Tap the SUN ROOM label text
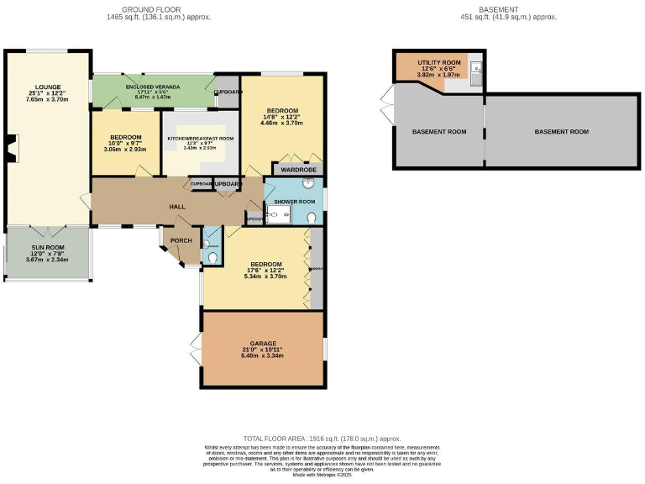coord(46,253)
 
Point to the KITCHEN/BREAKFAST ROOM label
coord(200,138)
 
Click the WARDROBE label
coord(296,169)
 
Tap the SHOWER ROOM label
coord(294,202)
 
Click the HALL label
coord(176,207)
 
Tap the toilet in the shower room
coord(312,217)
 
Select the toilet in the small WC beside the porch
coord(212,256)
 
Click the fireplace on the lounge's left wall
coord(10,149)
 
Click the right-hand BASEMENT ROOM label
coord(562,132)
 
